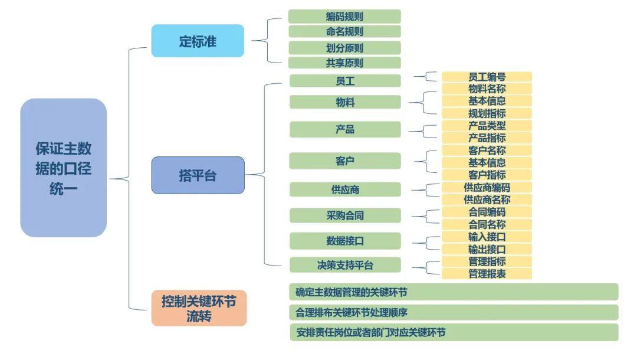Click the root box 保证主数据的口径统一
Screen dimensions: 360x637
pyautogui.click(x=63, y=168)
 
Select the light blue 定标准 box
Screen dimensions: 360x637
pyautogui.click(x=198, y=41)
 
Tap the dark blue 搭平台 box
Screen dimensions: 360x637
pyautogui.click(x=198, y=175)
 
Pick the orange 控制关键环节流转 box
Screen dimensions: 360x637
pyautogui.click(x=199, y=308)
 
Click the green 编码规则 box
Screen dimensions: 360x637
pyautogui.click(x=344, y=17)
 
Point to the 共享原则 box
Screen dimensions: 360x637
pyautogui.click(x=344, y=63)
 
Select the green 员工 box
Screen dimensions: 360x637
pyautogui.click(x=345, y=81)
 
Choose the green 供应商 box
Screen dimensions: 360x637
pyautogui.click(x=345, y=189)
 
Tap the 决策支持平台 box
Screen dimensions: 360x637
pyautogui.click(x=345, y=265)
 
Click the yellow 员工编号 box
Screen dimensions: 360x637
pyautogui.click(x=487, y=77)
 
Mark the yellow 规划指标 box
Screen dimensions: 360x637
pyautogui.click(x=487, y=113)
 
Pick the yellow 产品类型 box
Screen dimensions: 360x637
pyautogui.click(x=487, y=126)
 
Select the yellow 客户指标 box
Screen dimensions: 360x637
pyautogui.click(x=487, y=175)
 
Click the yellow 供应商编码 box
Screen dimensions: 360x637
pyautogui.click(x=487, y=187)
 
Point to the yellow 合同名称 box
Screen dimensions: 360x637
pyautogui.click(x=487, y=224)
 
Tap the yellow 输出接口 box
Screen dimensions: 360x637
pyautogui.click(x=487, y=249)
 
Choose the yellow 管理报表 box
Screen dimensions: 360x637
pyautogui.click(x=487, y=274)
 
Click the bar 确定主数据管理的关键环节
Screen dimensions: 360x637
pyautogui.click(x=453, y=292)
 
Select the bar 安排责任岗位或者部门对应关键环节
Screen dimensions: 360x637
pyautogui.click(x=453, y=332)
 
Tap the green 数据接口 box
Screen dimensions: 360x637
pyautogui.click(x=345, y=241)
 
